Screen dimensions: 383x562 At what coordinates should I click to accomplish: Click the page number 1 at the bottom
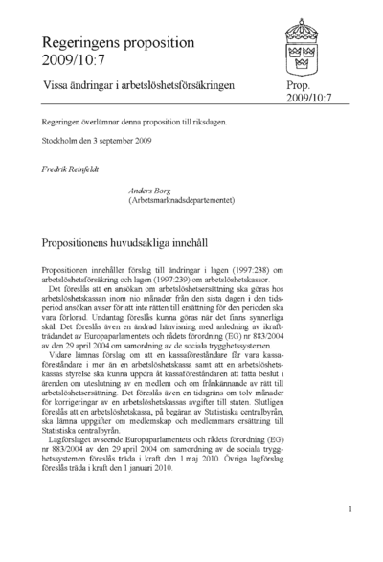pos(351,511)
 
